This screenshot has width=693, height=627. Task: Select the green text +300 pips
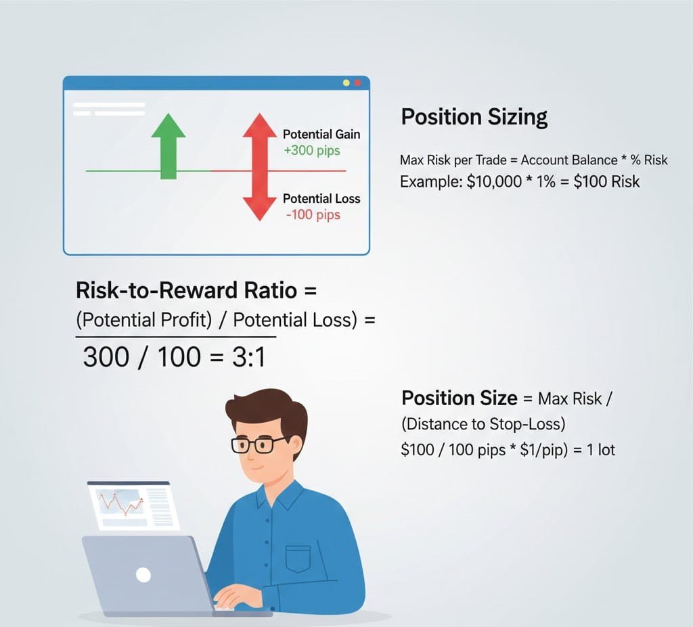(311, 151)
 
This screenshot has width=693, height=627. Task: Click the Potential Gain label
(321, 134)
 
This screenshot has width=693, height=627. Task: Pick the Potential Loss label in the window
(321, 199)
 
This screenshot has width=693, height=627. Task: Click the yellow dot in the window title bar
(346, 83)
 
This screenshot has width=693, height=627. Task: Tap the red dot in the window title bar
(357, 83)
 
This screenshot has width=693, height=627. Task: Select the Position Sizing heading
(474, 117)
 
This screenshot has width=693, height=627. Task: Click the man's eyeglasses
(259, 444)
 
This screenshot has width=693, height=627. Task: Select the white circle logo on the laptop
(143, 575)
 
